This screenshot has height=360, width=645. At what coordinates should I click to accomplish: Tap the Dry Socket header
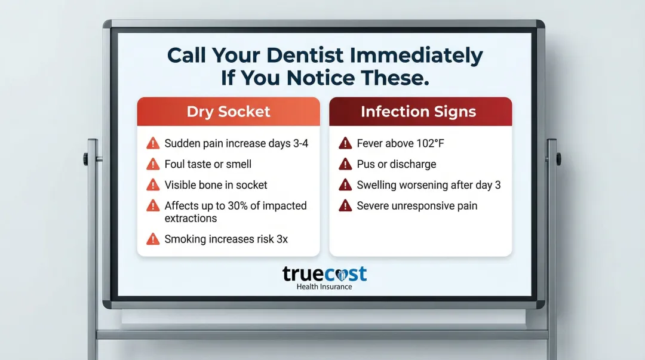click(228, 112)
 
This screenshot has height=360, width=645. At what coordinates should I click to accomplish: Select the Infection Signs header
click(418, 112)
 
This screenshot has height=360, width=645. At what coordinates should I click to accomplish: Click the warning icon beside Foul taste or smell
click(153, 164)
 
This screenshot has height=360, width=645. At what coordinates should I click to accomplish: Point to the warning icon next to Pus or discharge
click(345, 164)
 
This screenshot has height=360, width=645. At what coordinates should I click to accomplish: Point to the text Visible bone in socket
click(216, 185)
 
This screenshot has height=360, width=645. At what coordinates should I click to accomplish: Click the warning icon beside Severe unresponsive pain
click(345, 205)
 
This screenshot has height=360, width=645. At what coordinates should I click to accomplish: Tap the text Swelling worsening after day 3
click(429, 185)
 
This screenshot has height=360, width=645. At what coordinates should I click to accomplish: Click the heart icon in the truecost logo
click(340, 275)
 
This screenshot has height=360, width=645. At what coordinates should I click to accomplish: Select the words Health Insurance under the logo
click(324, 287)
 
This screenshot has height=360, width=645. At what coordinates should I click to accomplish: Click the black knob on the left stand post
click(86, 159)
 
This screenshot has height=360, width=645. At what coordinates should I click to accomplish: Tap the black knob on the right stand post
click(558, 159)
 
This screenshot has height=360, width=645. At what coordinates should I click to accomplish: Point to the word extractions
click(191, 219)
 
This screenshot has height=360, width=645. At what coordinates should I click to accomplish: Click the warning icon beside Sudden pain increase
click(153, 143)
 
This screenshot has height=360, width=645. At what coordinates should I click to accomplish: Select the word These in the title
click(395, 78)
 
